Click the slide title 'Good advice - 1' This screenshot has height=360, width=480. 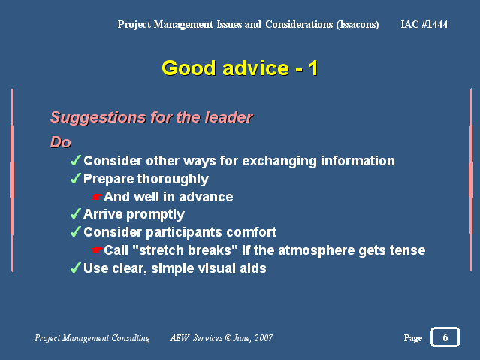tap(240, 68)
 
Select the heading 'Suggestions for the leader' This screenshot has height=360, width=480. tap(152, 117)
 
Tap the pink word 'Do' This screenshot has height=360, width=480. tap(61, 142)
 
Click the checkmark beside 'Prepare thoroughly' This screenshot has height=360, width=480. tap(76, 178)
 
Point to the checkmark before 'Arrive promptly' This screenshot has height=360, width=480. tap(76, 213)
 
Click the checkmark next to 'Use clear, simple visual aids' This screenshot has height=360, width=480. tap(76, 268)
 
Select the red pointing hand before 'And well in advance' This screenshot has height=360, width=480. tap(96, 197)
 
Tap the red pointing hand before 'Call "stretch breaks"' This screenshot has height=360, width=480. tap(96, 250)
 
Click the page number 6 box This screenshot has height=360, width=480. tap(445, 337)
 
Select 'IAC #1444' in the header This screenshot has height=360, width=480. tap(424, 24)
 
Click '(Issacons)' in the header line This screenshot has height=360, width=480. tap(358, 25)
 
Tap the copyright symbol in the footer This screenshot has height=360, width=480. tap(228, 337)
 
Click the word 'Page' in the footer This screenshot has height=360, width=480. tap(413, 338)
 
